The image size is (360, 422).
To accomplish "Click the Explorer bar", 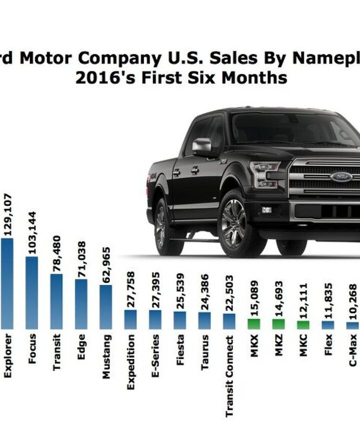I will point(7,283).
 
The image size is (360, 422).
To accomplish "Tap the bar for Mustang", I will point(105,307).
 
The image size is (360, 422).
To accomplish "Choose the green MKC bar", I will point(303,325).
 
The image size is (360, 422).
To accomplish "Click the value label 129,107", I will point(7,214).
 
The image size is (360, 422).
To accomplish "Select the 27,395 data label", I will point(155,290).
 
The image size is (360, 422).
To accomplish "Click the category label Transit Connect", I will point(229,376).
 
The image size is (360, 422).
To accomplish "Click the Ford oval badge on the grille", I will point(341,176).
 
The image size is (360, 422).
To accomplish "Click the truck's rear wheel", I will point(161,224).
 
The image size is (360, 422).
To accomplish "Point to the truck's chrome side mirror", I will point(202,146).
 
